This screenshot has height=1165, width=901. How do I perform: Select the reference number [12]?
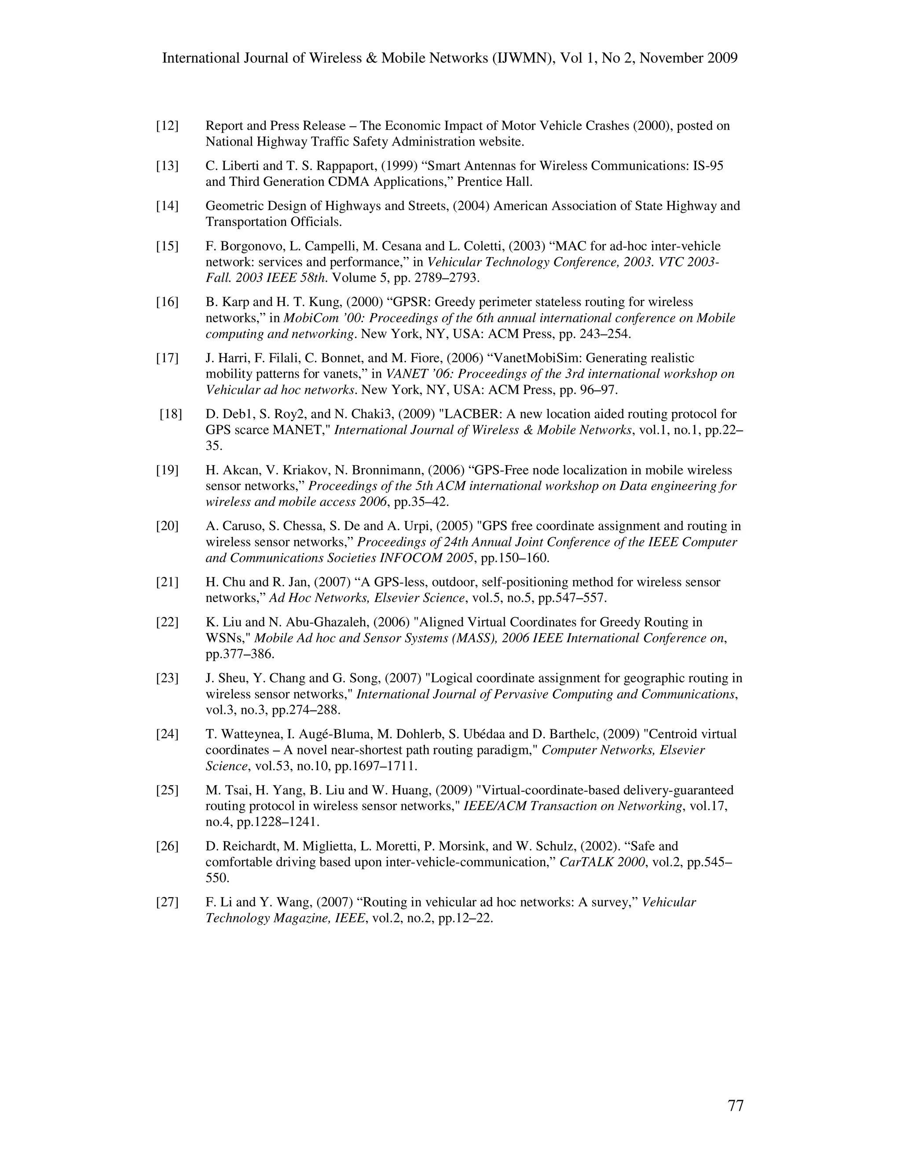[x=167, y=126]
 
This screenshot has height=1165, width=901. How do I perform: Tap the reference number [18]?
[x=170, y=414]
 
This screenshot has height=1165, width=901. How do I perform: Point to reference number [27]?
[x=167, y=902]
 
